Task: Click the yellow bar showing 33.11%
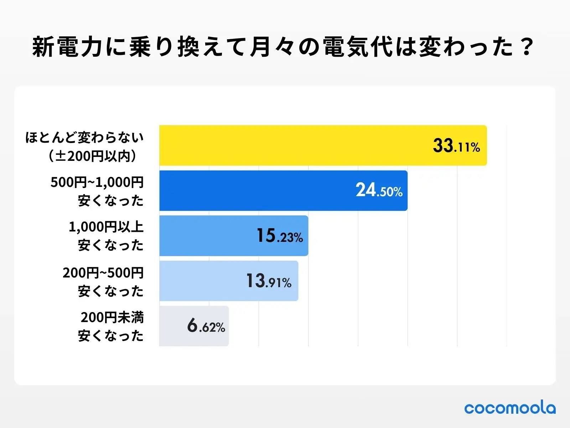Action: (292, 145)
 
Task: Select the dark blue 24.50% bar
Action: (256, 190)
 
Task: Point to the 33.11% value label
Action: (456, 146)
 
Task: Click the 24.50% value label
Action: (379, 190)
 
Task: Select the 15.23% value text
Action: (280, 236)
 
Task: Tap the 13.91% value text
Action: (269, 281)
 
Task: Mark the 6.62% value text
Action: (206, 326)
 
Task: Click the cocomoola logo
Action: (510, 408)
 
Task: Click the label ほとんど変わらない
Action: (84, 137)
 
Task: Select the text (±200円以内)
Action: (93, 156)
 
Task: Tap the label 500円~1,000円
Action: (97, 182)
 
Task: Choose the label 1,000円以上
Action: (106, 227)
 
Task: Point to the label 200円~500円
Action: (103, 273)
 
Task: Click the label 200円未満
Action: (112, 317)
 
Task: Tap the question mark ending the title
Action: (526, 47)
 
